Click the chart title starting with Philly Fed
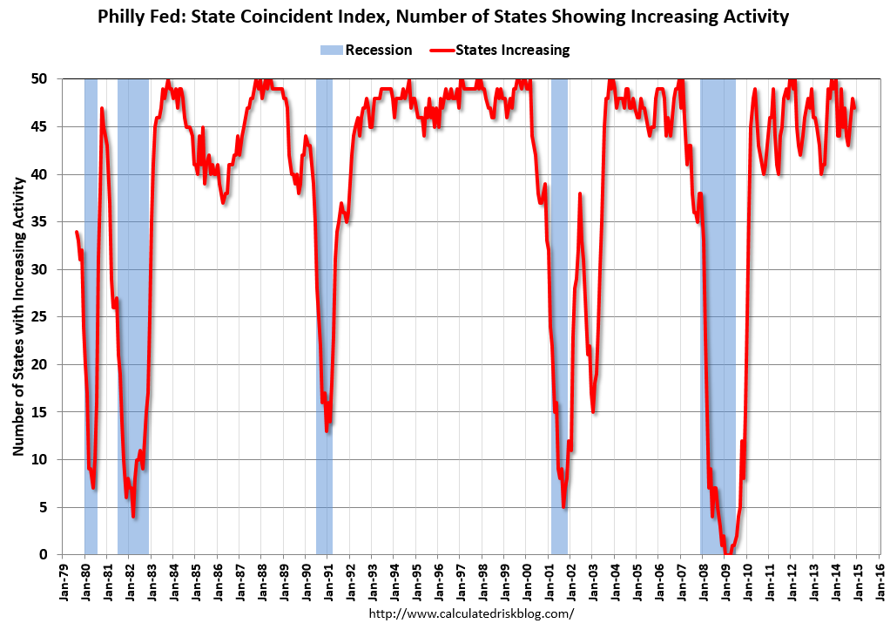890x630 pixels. (445, 17)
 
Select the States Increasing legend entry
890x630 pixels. (500, 50)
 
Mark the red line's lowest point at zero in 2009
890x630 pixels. (728, 553)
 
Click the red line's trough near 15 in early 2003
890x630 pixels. (593, 411)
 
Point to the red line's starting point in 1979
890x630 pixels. (77, 232)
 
